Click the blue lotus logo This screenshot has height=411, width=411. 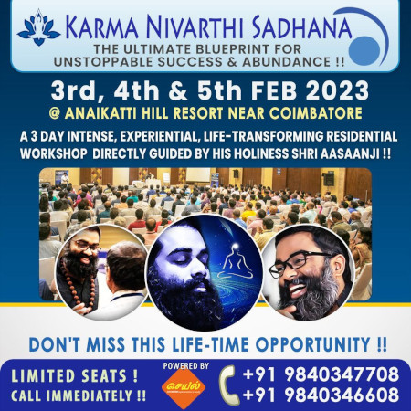(38, 27)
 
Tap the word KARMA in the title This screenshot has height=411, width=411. (101, 27)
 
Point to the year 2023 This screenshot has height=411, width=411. (337, 90)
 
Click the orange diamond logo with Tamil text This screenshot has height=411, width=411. (184, 388)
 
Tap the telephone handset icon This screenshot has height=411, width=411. (229, 385)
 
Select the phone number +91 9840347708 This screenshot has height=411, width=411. (321, 374)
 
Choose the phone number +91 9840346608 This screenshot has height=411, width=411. (321, 395)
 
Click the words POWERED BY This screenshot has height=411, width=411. (185, 365)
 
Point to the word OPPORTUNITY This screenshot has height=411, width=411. (312, 345)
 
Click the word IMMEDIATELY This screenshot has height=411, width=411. (91, 395)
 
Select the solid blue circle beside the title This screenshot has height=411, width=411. (364, 51)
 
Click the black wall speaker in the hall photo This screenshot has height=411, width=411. (329, 179)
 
